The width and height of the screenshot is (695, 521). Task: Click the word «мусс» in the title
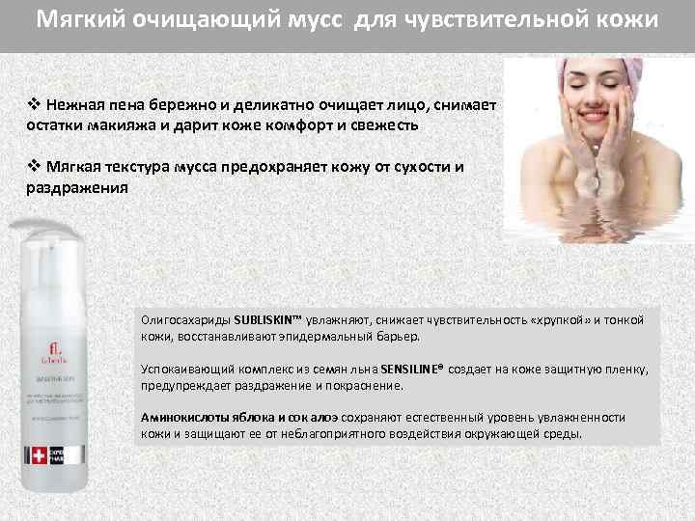click(x=318, y=21)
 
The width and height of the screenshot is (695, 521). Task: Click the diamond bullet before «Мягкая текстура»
click(x=33, y=167)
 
